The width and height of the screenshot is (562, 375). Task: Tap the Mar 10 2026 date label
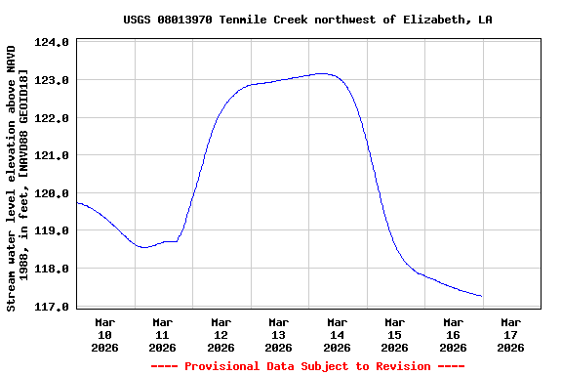[x=104, y=334]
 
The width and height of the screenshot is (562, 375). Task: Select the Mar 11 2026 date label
[x=162, y=334]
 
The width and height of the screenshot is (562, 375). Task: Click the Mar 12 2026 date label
[x=221, y=334]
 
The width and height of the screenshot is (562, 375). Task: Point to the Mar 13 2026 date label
[x=278, y=334]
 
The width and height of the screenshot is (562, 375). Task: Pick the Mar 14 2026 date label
[x=337, y=334]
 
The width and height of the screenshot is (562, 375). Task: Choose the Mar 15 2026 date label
[x=394, y=334]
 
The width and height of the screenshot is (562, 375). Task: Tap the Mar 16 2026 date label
[x=453, y=334]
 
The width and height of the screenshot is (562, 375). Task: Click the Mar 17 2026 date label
[x=510, y=334]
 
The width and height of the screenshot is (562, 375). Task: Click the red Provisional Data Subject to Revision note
[x=307, y=366]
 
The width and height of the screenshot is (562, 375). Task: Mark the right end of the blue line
[x=482, y=296]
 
